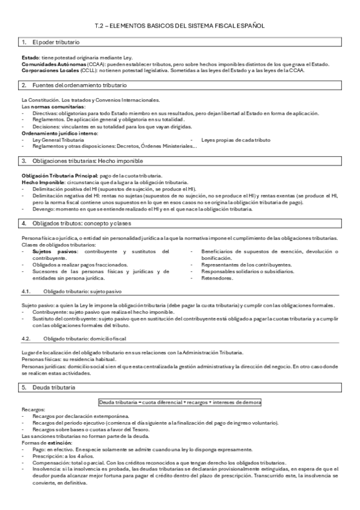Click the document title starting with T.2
coord(180,26)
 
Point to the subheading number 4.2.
coord(25,339)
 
